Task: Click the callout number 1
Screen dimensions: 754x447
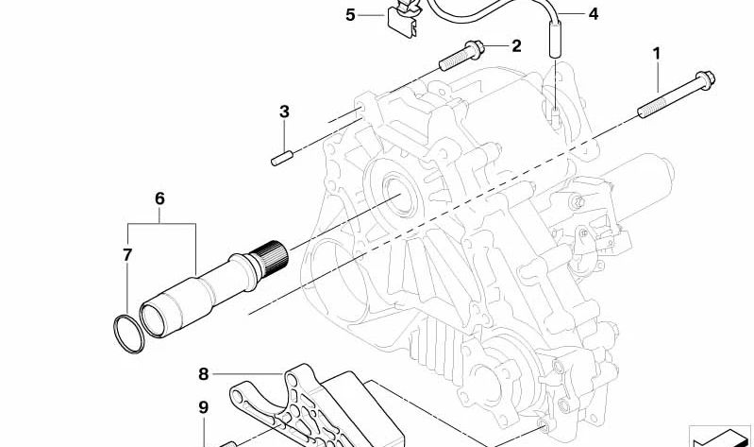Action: tap(657, 54)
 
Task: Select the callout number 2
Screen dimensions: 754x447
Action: tap(516, 46)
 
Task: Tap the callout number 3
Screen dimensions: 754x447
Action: tap(284, 112)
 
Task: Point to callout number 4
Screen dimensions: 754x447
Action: tap(594, 14)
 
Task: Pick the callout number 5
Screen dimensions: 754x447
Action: tap(350, 15)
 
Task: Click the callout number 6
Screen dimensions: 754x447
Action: tap(159, 198)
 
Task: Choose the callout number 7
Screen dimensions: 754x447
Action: tap(127, 255)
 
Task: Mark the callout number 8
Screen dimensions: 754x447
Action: tap(204, 374)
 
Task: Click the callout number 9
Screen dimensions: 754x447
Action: tap(204, 407)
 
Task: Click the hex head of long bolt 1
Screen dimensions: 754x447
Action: tap(705, 79)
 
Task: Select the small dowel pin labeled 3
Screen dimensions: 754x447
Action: tap(282, 158)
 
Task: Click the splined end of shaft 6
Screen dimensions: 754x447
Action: tap(273, 257)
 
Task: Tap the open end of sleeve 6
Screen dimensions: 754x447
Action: tap(158, 318)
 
